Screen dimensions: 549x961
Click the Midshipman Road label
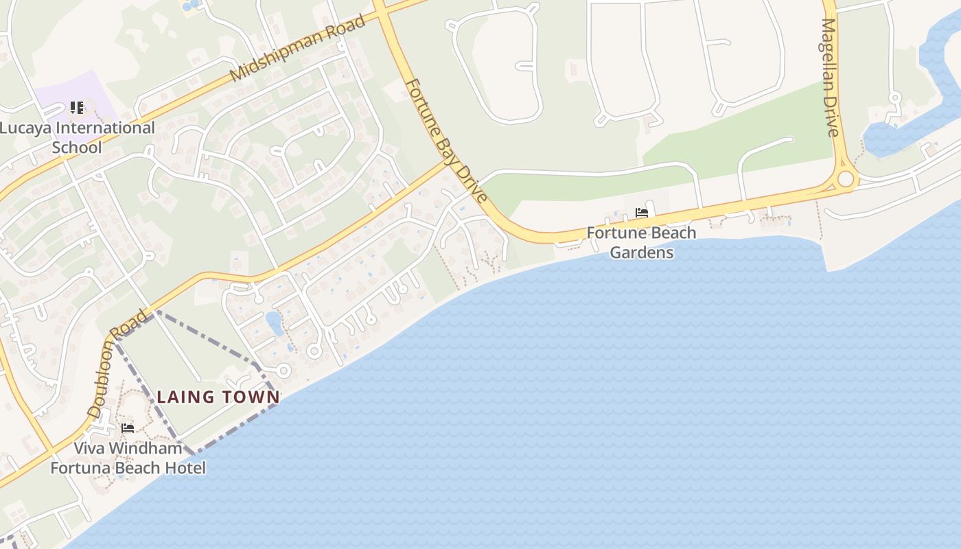298,49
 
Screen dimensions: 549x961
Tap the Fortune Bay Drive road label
446,141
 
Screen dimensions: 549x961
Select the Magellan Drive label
831,77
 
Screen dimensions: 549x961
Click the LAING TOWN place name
218,397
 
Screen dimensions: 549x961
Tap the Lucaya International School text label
77,137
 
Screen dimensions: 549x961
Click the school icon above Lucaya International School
77,108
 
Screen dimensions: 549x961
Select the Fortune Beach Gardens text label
641,242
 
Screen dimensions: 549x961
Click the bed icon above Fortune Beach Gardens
642,213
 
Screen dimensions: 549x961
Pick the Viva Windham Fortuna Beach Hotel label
128,458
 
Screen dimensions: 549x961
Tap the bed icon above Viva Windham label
128,428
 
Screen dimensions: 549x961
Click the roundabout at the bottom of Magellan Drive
846,179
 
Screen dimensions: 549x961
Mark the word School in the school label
77,148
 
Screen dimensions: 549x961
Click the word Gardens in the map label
641,253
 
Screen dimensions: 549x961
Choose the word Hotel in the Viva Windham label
182,468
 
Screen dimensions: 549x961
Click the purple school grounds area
96,96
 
